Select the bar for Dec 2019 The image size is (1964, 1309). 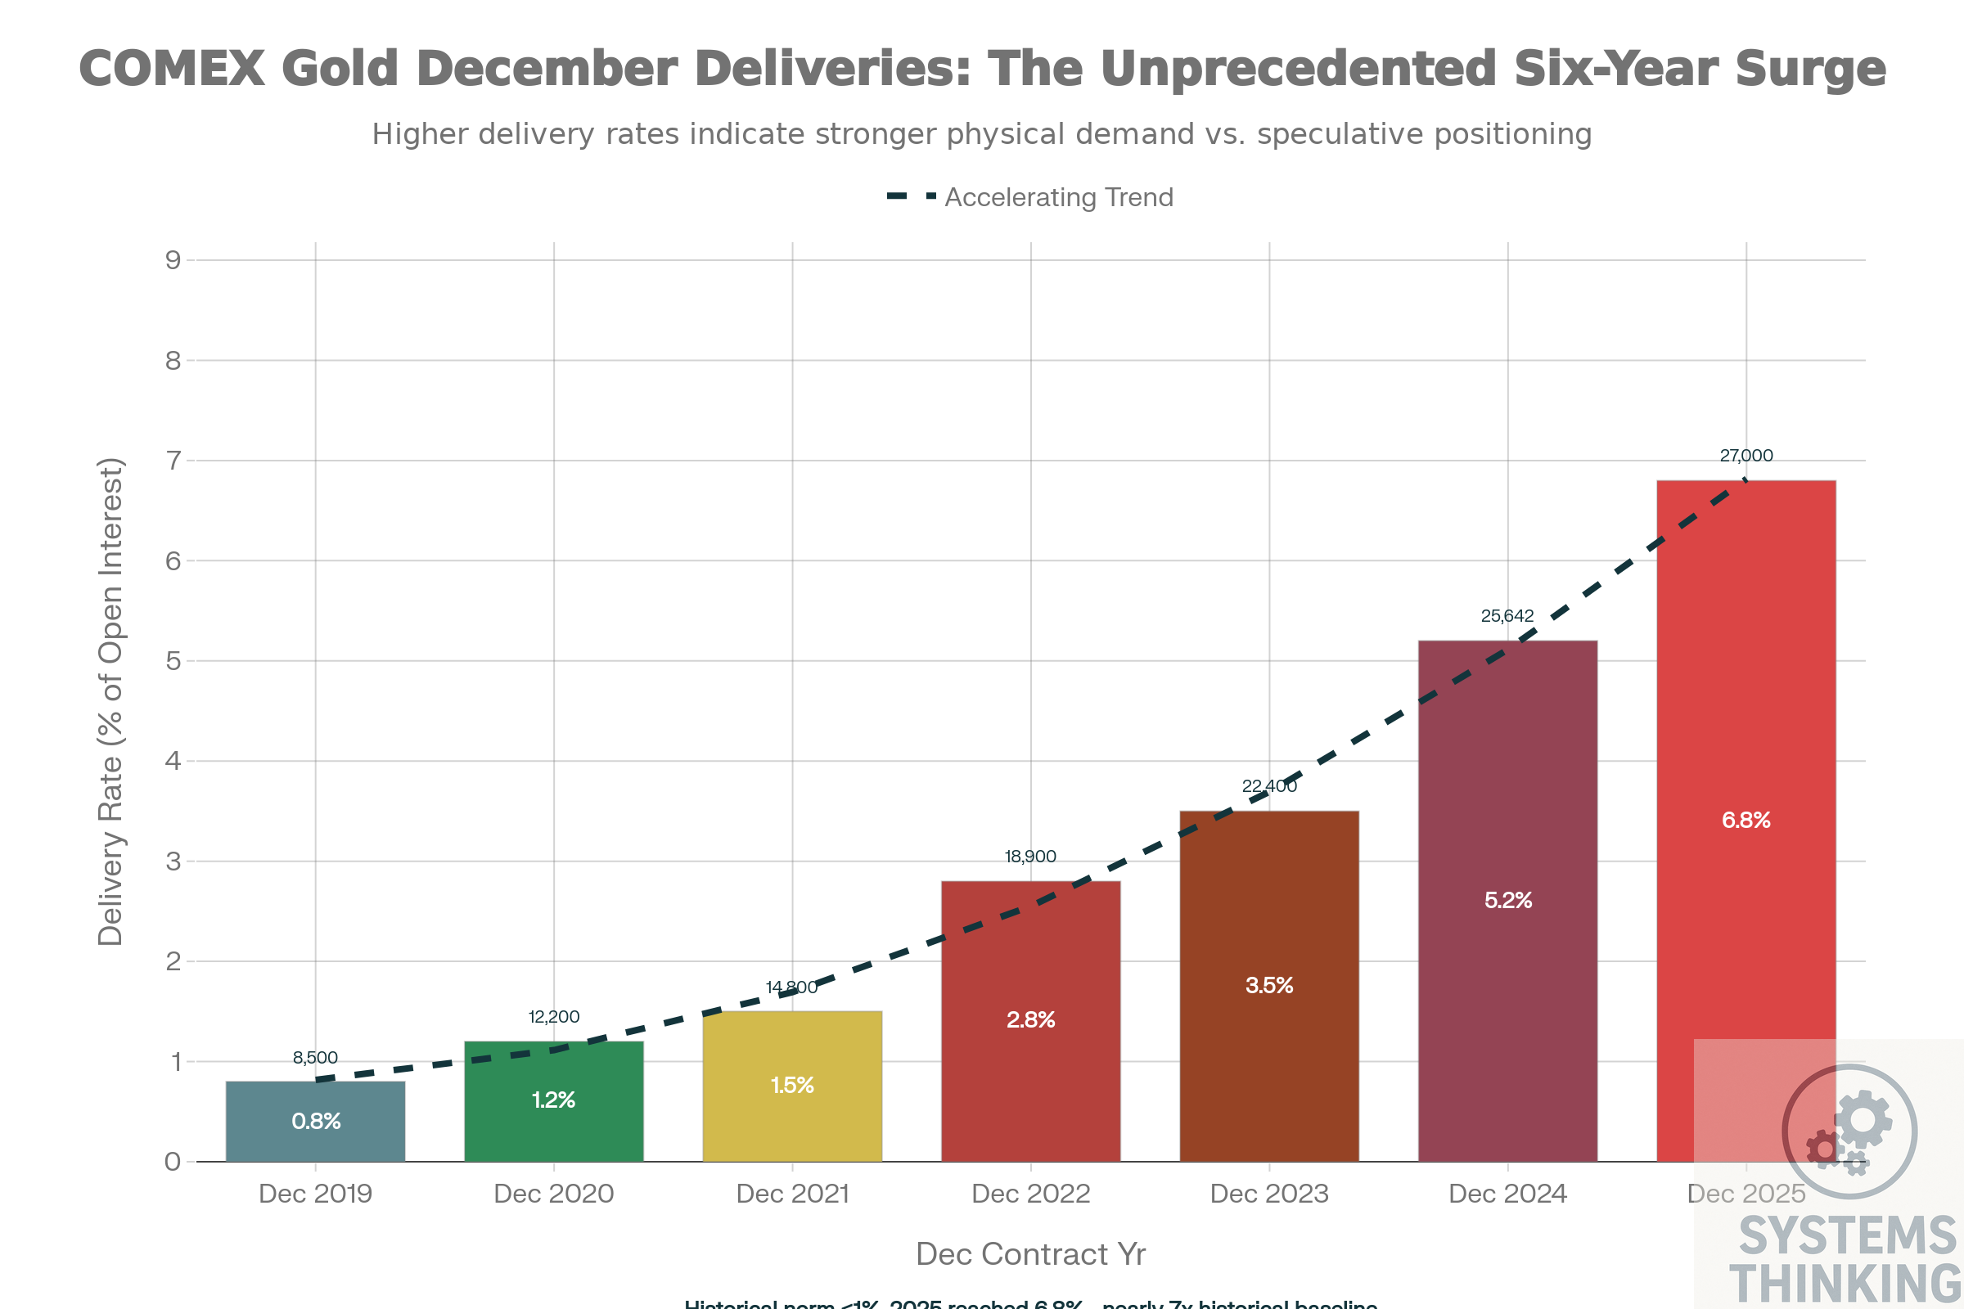pyautogui.click(x=315, y=1120)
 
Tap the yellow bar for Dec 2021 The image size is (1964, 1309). pyautogui.click(x=791, y=1085)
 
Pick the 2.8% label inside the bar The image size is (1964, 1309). pyautogui.click(x=1030, y=1019)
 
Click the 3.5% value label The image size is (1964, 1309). pyautogui.click(x=1269, y=985)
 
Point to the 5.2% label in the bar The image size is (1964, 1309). pyautogui.click(x=1508, y=900)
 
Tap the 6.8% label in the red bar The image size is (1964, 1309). pyautogui.click(x=1746, y=820)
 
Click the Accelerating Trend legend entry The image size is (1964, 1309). pyautogui.click(x=1057, y=198)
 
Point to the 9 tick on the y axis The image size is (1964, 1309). pyautogui.click(x=173, y=260)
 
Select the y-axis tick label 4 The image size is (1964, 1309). pyautogui.click(x=173, y=761)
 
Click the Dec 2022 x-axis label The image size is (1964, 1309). pyautogui.click(x=1030, y=1194)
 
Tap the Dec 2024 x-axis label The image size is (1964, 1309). pyautogui.click(x=1508, y=1194)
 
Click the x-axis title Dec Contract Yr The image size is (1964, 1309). pyautogui.click(x=1030, y=1254)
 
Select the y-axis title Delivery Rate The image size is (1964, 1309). pyautogui.click(x=110, y=701)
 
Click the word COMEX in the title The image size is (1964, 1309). pyautogui.click(x=171, y=69)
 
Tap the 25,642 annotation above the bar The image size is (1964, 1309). pyautogui.click(x=1507, y=616)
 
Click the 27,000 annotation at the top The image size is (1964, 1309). pyautogui.click(x=1746, y=456)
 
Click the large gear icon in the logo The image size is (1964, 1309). pyautogui.click(x=1864, y=1118)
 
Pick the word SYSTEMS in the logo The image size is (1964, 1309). pyautogui.click(x=1847, y=1236)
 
